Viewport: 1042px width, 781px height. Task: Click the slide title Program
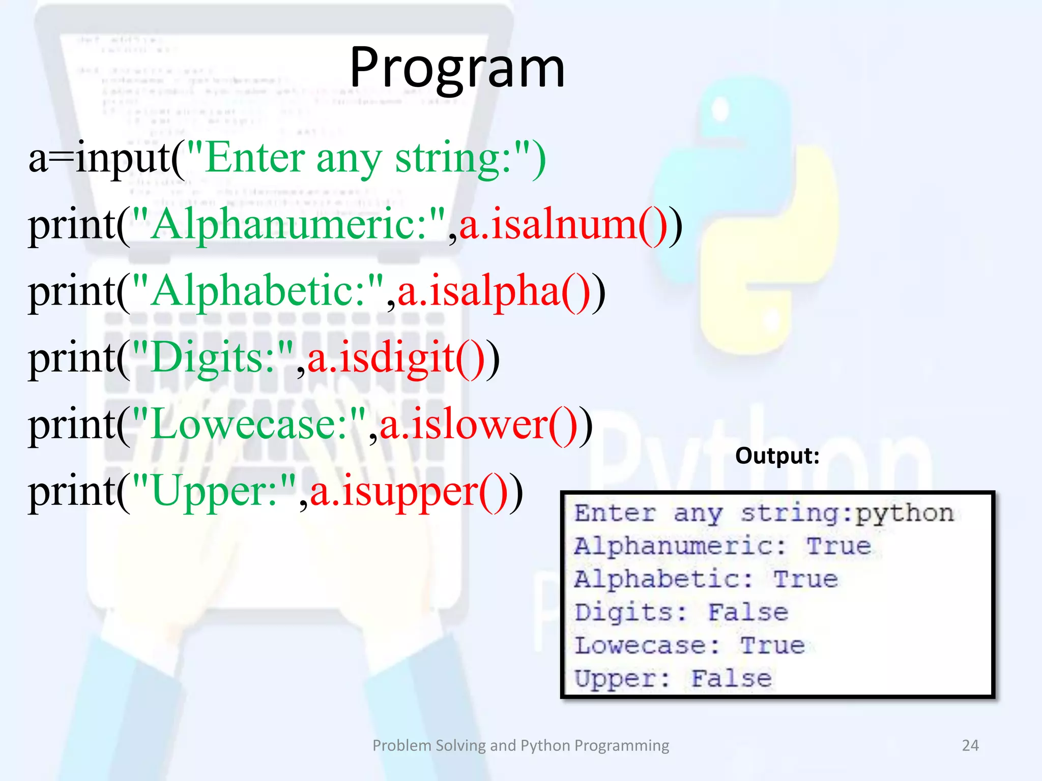[x=457, y=68]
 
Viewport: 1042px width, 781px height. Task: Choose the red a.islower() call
[x=478, y=425]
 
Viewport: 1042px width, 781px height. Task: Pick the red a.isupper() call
[x=409, y=492]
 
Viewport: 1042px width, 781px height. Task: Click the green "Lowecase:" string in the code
[x=249, y=425]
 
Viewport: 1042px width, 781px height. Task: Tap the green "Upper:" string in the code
[x=214, y=492]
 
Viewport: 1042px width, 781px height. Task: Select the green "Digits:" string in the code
[x=213, y=358]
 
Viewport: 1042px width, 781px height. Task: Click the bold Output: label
[x=777, y=456]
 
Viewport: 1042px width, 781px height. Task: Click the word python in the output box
[x=905, y=514]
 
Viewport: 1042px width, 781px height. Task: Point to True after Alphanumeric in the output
[x=838, y=547]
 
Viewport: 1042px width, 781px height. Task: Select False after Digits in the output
[x=748, y=613]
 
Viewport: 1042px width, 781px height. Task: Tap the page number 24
[x=970, y=745]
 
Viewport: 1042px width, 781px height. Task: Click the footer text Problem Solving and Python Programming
[x=520, y=745]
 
